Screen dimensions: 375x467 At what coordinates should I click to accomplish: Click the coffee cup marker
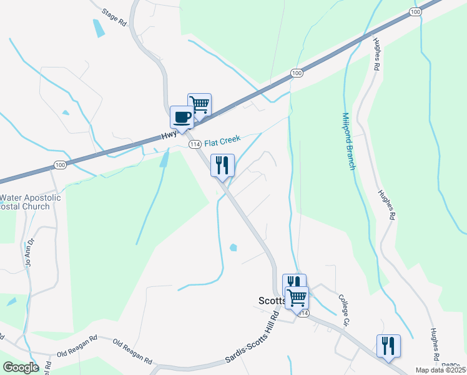(x=182, y=117)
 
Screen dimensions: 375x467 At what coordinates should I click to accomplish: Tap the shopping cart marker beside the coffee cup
(x=199, y=104)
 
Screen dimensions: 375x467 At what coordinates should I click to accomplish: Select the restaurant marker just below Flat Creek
(x=222, y=166)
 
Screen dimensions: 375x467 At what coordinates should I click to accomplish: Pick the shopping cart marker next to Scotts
(x=297, y=297)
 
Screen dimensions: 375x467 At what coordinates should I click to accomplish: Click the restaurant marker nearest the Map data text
(x=388, y=346)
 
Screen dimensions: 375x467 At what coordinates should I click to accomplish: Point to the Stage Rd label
(x=114, y=17)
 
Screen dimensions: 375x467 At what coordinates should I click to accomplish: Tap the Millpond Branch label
(x=348, y=141)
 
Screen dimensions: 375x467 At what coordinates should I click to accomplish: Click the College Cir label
(x=343, y=311)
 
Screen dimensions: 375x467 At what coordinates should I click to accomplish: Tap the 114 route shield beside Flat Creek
(x=195, y=144)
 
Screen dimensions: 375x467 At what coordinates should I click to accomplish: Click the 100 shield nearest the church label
(x=59, y=165)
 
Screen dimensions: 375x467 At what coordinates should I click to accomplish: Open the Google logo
(x=21, y=367)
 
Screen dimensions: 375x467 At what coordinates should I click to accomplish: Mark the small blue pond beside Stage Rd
(x=99, y=28)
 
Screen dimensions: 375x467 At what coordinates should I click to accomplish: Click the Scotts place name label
(x=271, y=301)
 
